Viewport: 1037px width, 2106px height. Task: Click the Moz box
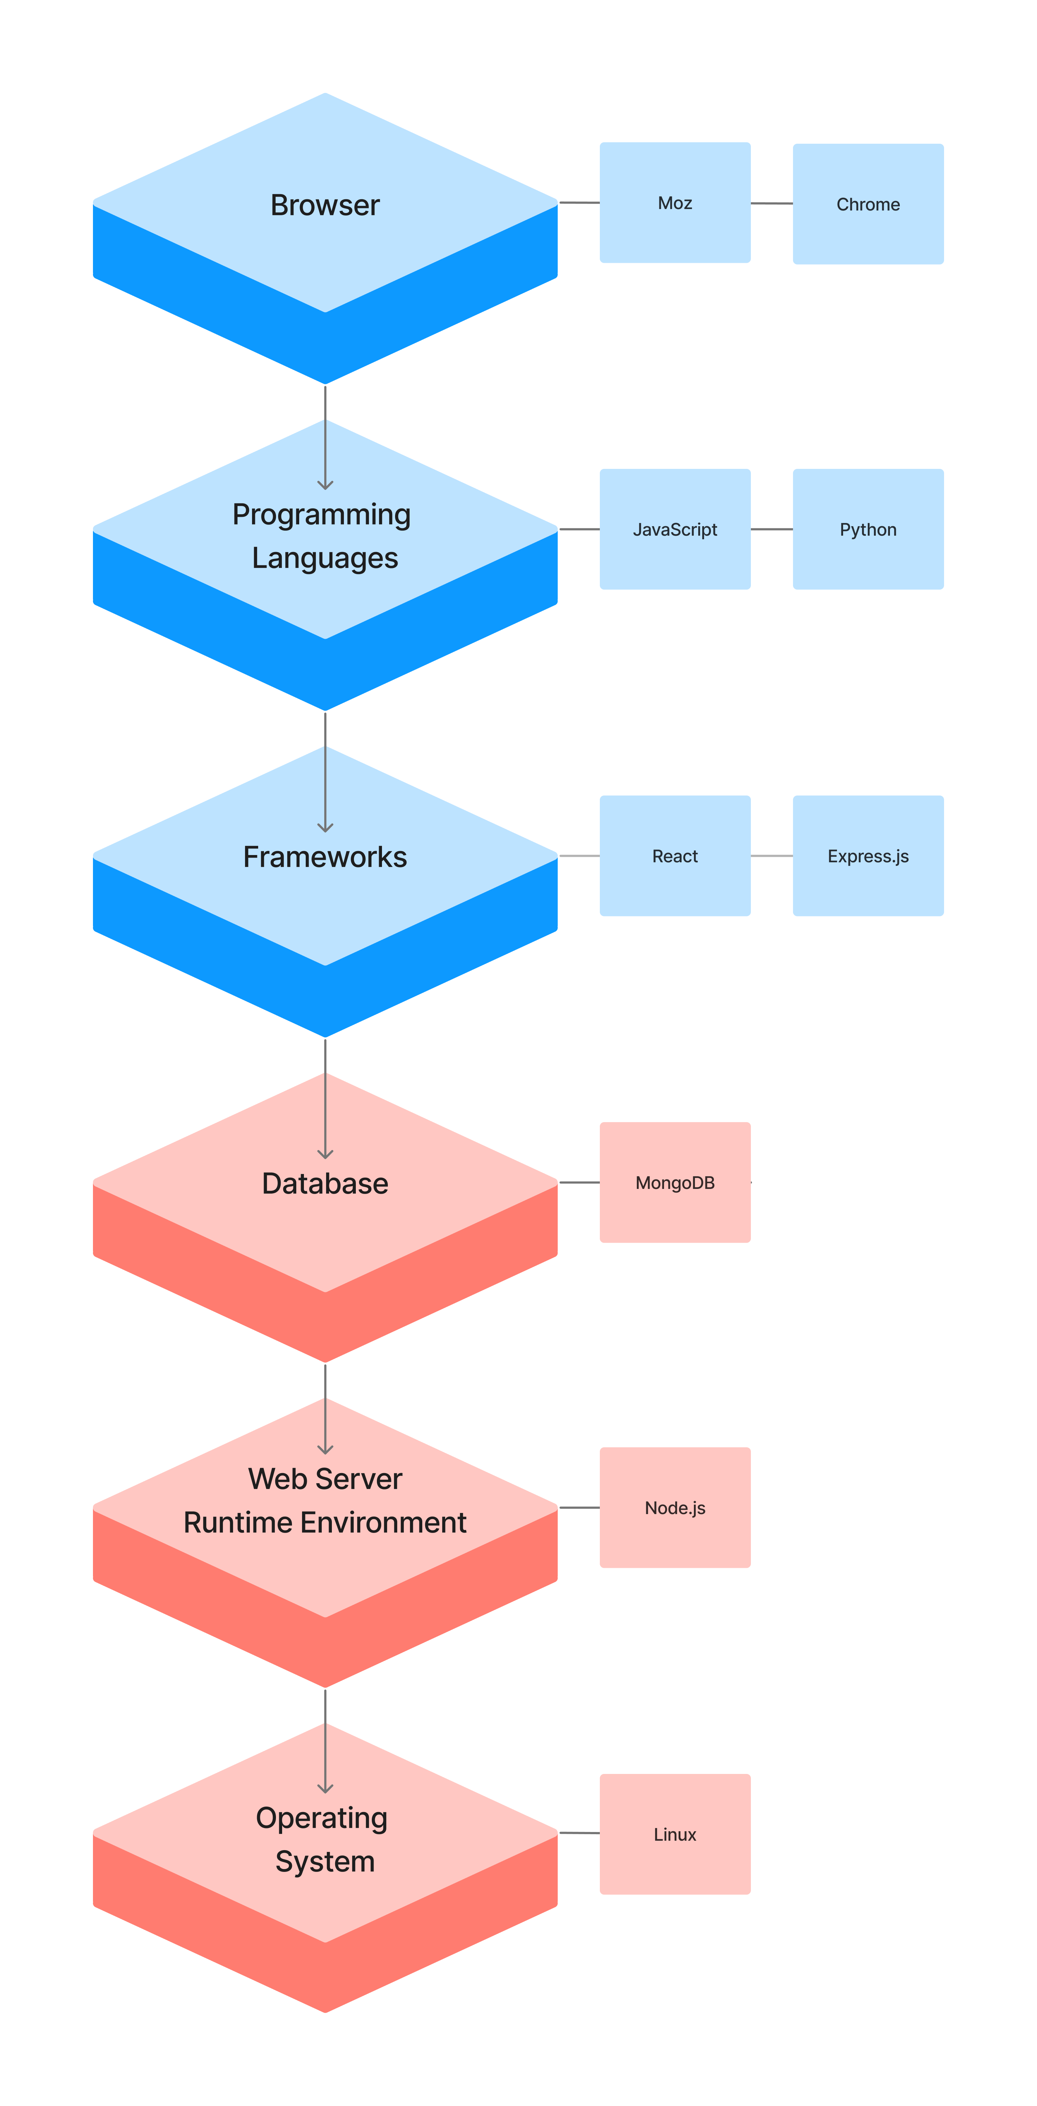(x=675, y=203)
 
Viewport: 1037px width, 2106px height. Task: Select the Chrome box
(x=868, y=204)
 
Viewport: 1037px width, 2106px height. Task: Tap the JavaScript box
(x=675, y=529)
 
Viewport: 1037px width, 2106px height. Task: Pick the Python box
(x=868, y=529)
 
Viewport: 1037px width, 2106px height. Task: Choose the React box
(x=675, y=856)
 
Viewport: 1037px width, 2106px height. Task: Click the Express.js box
(x=868, y=856)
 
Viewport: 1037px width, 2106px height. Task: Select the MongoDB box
(x=675, y=1182)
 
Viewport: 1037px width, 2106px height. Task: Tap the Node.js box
(x=675, y=1508)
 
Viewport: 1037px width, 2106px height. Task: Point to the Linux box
(x=675, y=1834)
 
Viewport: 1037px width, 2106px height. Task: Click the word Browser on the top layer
(x=325, y=205)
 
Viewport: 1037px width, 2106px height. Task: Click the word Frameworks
(x=325, y=857)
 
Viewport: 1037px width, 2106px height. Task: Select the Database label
(x=325, y=1183)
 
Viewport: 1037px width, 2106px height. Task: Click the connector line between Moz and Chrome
(x=771, y=203)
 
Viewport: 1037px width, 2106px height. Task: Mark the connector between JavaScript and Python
(x=771, y=529)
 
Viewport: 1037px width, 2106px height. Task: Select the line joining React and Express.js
(x=771, y=856)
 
